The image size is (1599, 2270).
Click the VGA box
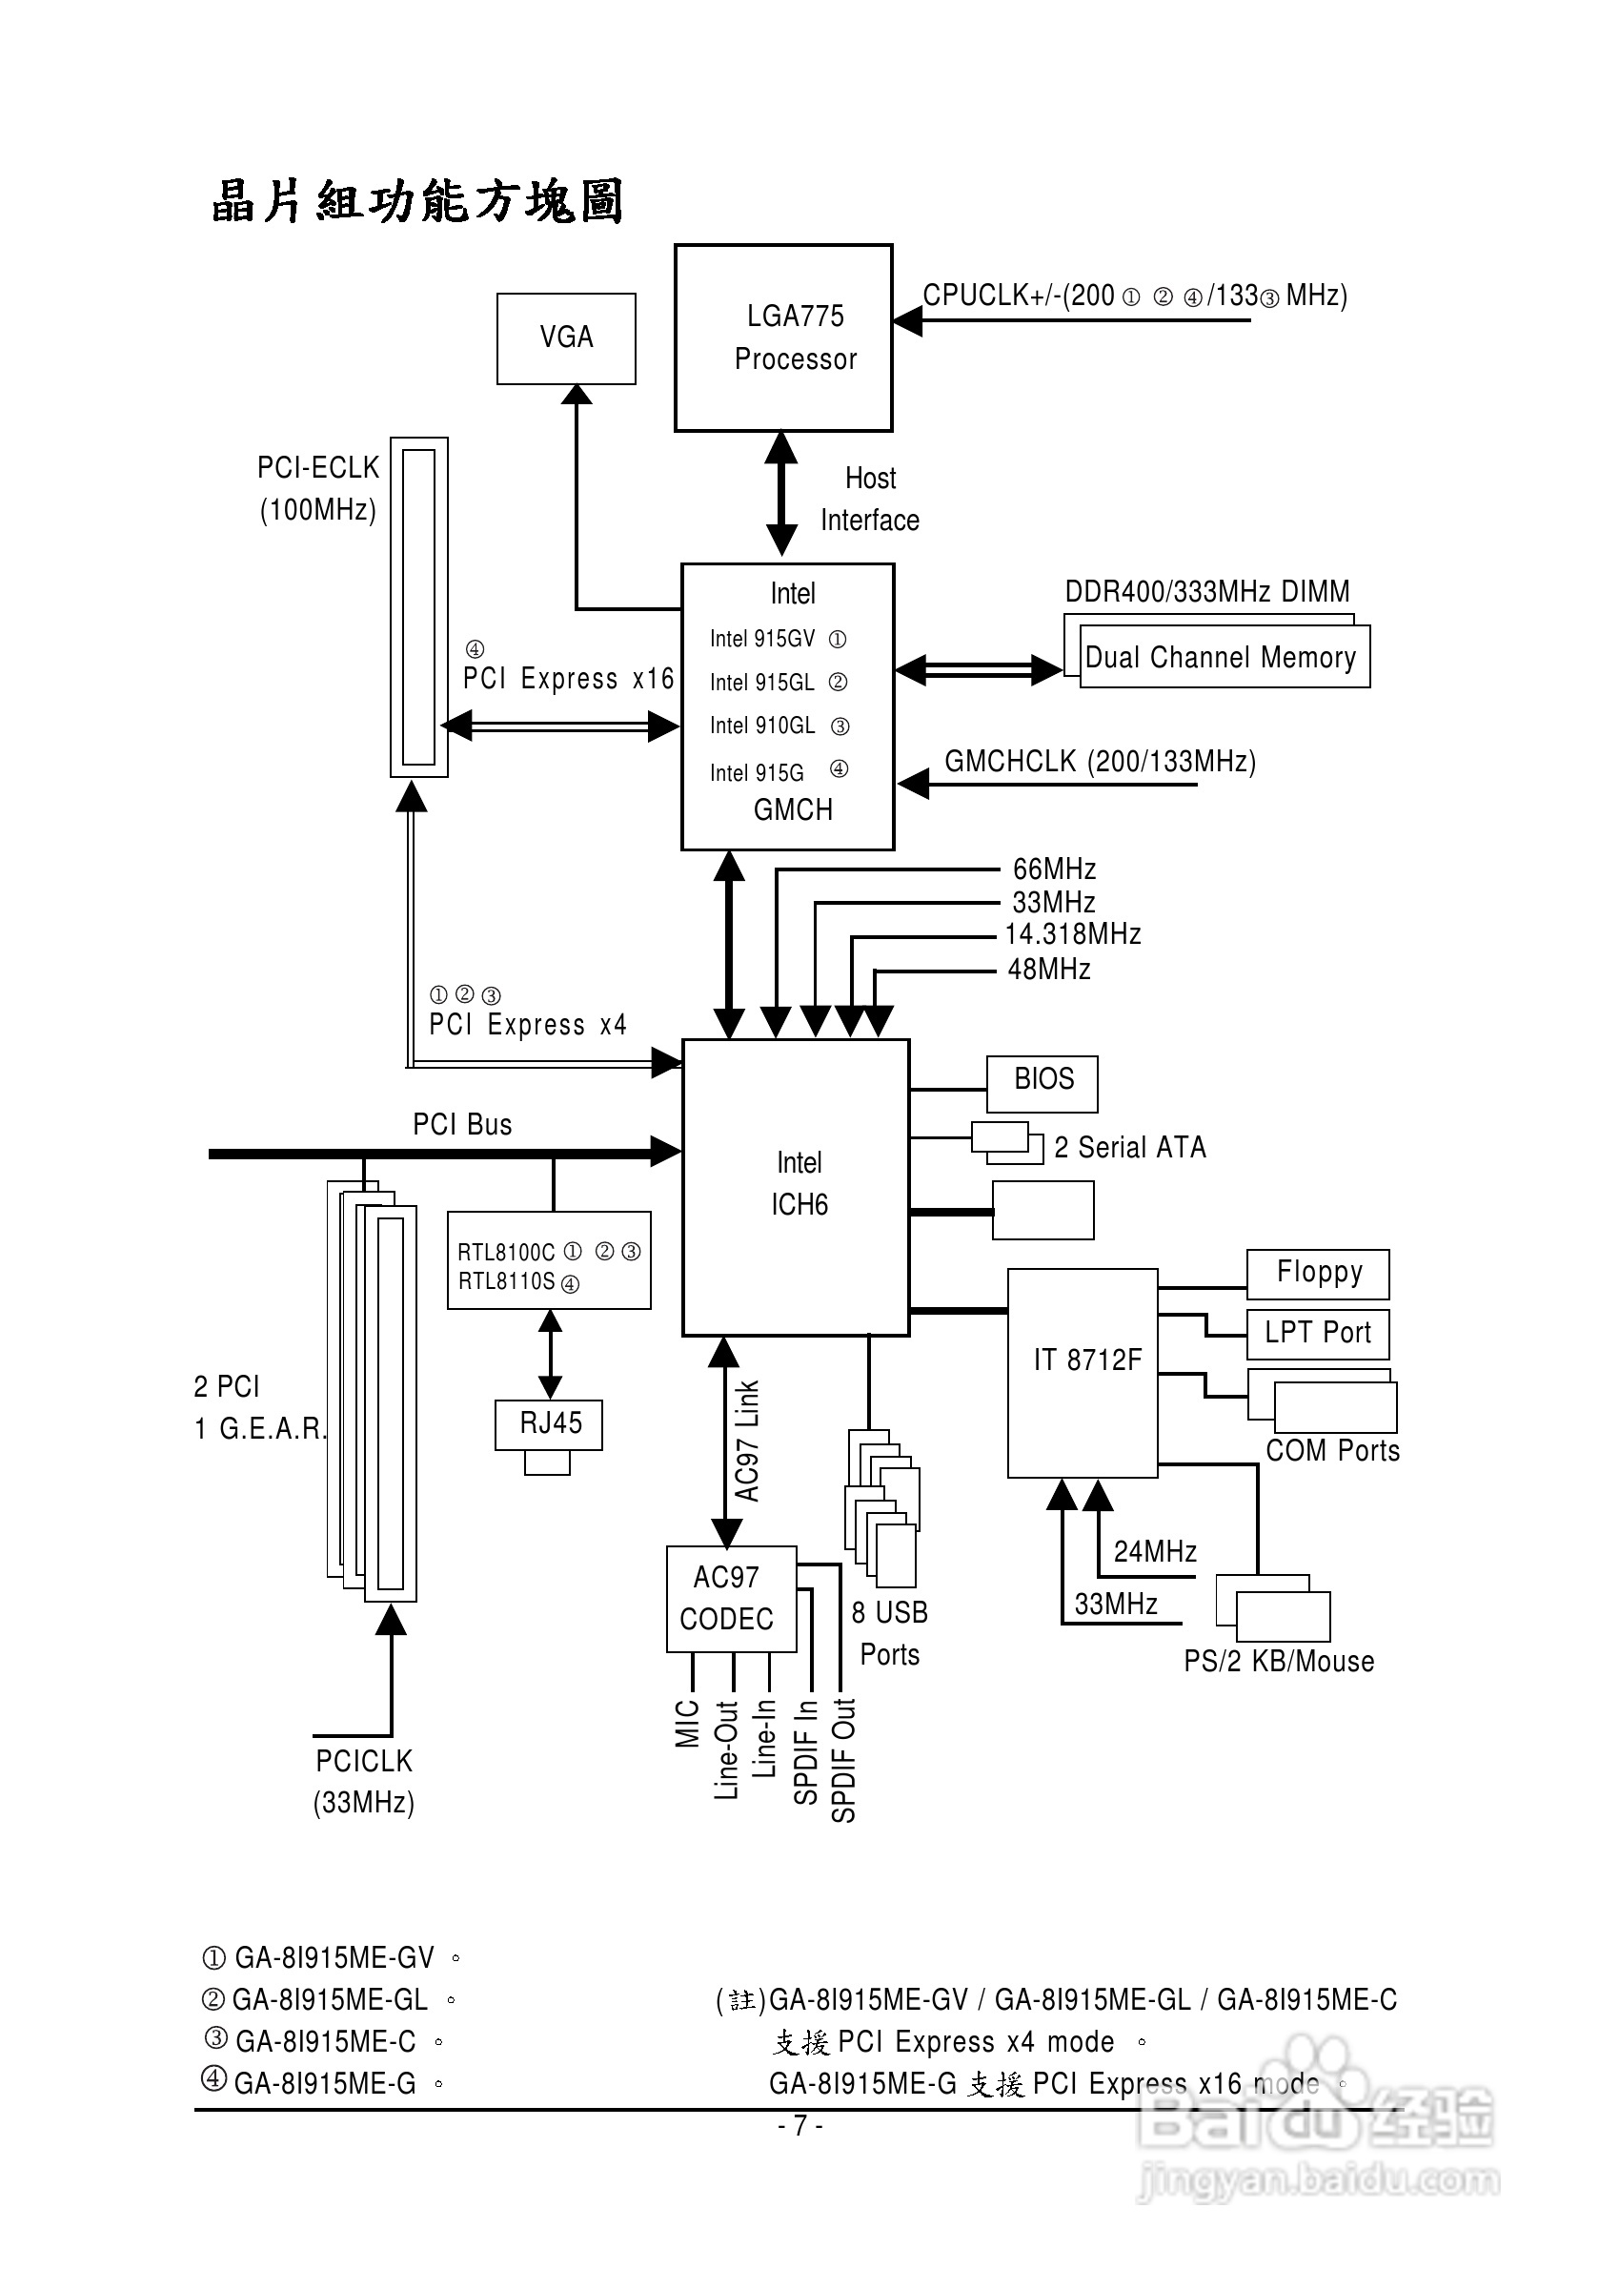(x=565, y=338)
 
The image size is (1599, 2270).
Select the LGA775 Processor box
(x=782, y=338)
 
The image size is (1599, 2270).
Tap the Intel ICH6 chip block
(x=796, y=1186)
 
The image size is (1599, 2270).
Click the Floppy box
(x=1317, y=1274)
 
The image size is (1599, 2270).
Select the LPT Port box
(x=1317, y=1334)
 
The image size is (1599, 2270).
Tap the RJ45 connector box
(x=549, y=1424)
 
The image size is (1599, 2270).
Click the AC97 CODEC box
(x=731, y=1598)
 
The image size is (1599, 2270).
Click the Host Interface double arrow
(x=781, y=495)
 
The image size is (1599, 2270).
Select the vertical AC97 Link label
(x=747, y=1441)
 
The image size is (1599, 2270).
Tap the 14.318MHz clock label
(x=1072, y=934)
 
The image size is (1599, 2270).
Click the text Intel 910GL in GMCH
(x=763, y=726)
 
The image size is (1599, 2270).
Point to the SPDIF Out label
(x=843, y=1760)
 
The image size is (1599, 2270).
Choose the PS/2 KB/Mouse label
(x=1279, y=1661)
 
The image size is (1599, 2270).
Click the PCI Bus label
(x=461, y=1124)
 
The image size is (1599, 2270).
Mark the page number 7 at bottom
(x=799, y=2125)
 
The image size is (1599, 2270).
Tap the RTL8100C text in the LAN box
(x=506, y=1252)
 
